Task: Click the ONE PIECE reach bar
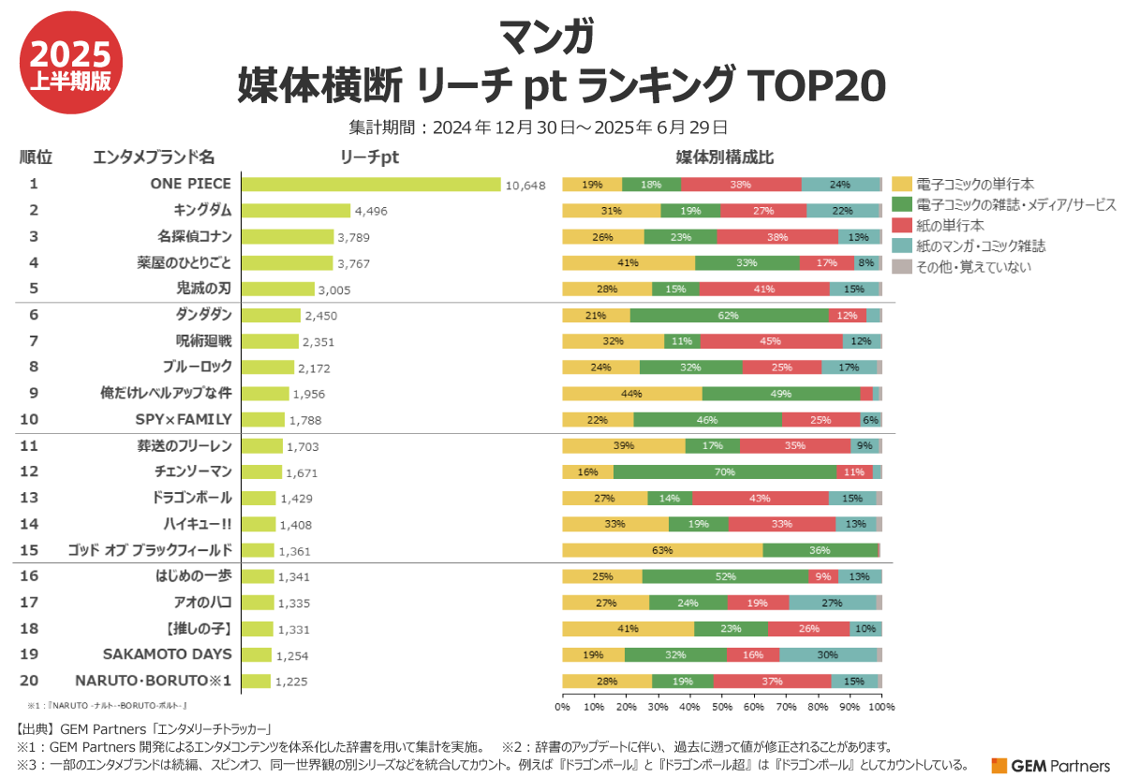[371, 185]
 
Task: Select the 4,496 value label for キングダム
[369, 211]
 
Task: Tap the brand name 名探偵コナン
[194, 236]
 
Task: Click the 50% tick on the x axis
[721, 705]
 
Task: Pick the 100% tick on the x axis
[882, 705]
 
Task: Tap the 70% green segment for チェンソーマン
[725, 471]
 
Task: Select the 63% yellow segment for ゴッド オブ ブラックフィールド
[662, 550]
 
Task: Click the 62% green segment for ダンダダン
[729, 315]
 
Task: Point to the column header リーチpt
[369, 157]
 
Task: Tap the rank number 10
[34, 419]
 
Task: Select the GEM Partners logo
[1050, 766]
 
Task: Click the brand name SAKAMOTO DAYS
[167, 654]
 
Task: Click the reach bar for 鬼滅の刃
[278, 289]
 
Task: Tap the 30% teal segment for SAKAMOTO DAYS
[828, 654]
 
